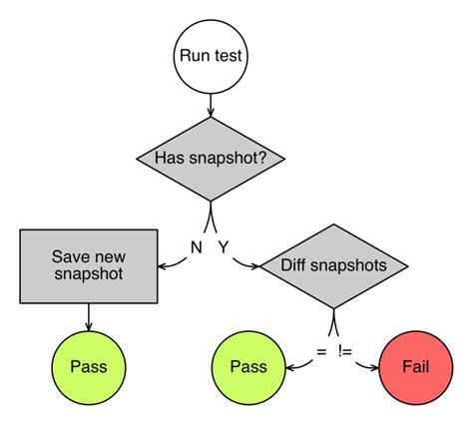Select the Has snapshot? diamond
pos(211,158)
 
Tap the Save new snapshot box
pos(90,264)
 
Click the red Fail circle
pos(415,366)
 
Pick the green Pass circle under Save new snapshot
pos(90,366)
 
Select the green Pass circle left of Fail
pos(249,366)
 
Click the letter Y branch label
pos(224,245)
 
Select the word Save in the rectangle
pos(68,255)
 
